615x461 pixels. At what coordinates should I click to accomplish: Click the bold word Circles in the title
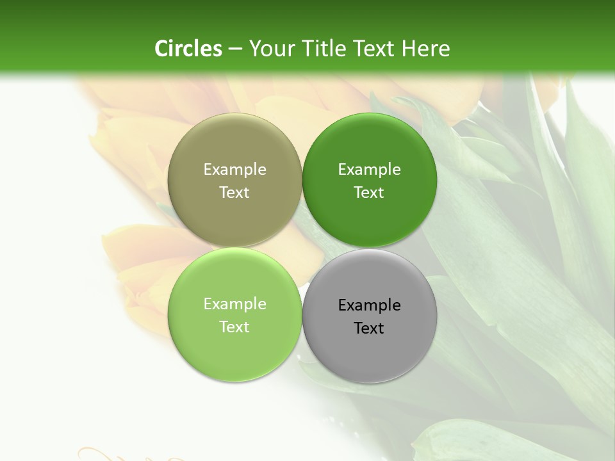click(188, 49)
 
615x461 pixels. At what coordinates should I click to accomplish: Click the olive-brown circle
click(234, 147)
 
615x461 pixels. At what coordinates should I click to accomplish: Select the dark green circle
click(370, 147)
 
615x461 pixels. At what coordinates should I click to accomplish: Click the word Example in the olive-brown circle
click(234, 169)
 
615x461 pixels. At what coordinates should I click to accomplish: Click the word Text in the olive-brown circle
click(234, 192)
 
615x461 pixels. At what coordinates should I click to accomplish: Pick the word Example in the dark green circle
click(369, 169)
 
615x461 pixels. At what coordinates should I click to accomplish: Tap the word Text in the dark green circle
click(369, 192)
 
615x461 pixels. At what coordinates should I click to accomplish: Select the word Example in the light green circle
click(234, 304)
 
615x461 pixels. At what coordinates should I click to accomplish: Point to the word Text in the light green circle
click(234, 327)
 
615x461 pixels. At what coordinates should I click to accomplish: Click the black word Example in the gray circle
click(369, 305)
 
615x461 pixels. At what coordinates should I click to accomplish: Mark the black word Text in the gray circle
click(369, 328)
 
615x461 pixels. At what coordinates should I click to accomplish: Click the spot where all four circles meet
click(302, 248)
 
